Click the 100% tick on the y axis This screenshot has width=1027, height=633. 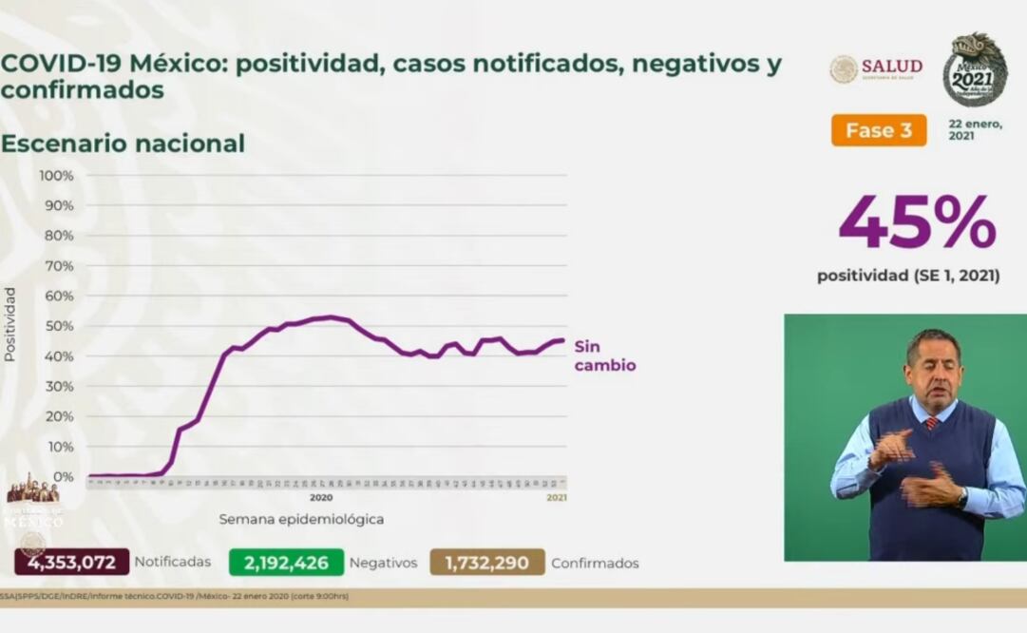56,176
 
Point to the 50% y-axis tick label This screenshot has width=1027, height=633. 59,326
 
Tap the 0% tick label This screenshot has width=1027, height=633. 63,476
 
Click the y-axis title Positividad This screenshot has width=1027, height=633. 10,324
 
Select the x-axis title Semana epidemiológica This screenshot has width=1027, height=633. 301,519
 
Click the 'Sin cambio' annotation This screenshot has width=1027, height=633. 604,355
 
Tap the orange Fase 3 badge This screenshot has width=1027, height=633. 878,130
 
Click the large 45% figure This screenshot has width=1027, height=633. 917,224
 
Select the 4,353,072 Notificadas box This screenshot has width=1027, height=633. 72,562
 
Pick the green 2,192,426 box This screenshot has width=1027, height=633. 286,562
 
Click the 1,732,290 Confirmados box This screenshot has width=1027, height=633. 487,562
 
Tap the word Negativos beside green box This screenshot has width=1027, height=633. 383,563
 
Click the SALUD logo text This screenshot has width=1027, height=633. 891,67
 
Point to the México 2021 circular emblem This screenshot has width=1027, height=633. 975,70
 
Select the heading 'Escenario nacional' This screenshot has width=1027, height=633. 123,144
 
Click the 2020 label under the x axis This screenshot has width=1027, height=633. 320,497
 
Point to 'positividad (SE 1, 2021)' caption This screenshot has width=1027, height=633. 907,276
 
